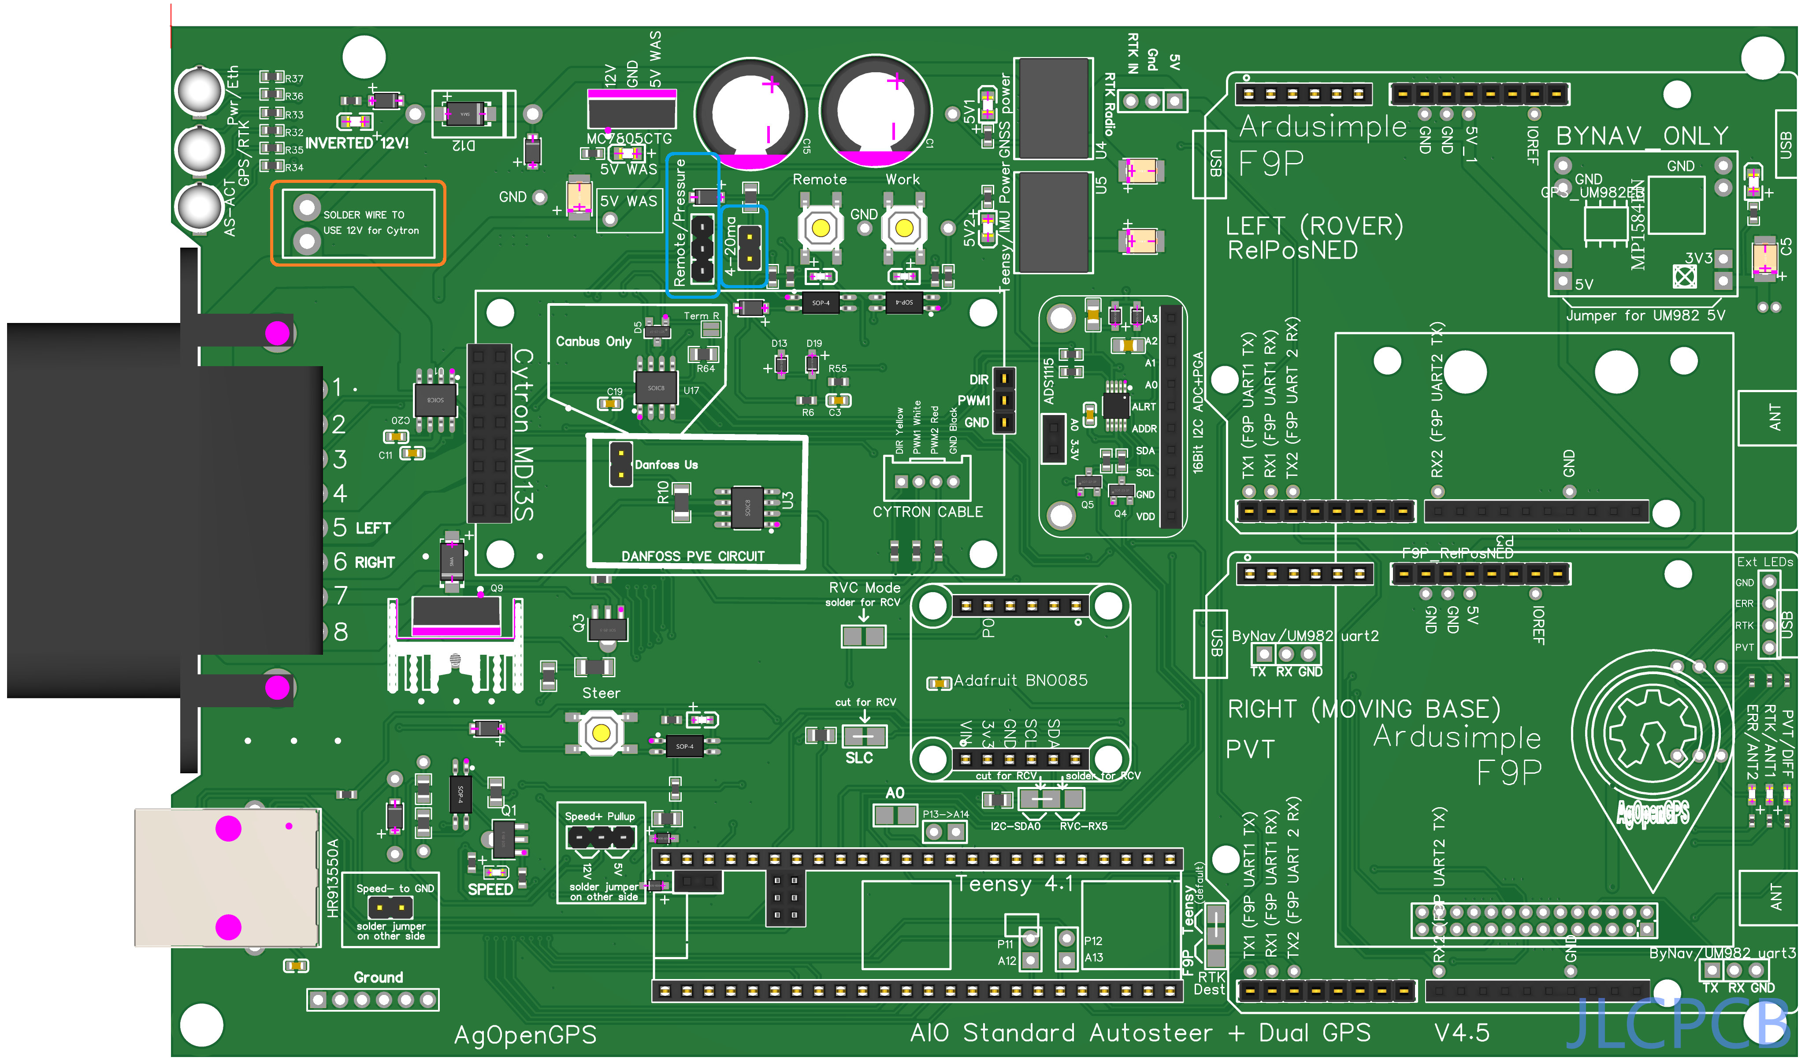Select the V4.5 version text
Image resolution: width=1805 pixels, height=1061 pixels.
(x=1462, y=1032)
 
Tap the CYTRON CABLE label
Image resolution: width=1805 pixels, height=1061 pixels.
(x=928, y=512)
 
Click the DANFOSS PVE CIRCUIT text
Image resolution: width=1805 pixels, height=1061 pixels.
(x=693, y=556)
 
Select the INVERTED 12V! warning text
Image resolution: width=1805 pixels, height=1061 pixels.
(x=357, y=143)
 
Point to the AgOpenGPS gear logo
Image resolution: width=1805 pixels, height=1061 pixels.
(x=1652, y=735)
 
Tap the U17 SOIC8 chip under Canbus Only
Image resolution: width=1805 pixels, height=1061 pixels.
(x=656, y=388)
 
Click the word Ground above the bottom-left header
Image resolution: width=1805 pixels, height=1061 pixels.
(x=378, y=977)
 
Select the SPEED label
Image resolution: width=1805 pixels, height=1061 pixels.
(x=490, y=889)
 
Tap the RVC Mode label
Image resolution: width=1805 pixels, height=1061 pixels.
(x=865, y=587)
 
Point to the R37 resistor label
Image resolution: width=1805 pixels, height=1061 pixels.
(x=293, y=78)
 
